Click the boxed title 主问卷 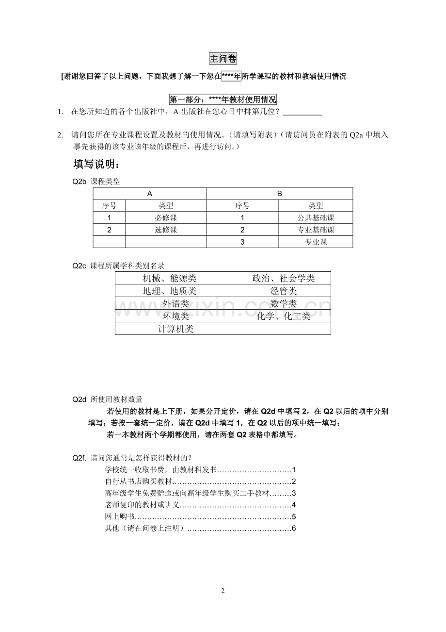[223, 59]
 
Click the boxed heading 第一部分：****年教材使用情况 [223, 100]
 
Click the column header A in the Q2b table [150, 193]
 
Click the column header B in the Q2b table [279, 193]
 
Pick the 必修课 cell [166, 218]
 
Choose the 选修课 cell [166, 230]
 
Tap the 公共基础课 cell [316, 218]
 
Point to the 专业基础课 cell [316, 230]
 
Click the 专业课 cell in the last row [316, 242]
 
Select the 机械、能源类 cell [170, 278]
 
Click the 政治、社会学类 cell [284, 278]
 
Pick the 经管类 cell [284, 291]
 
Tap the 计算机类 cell [176, 329]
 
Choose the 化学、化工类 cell [284, 316]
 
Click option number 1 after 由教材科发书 [294, 470]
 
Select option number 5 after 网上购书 [294, 516]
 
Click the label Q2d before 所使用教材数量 [79, 399]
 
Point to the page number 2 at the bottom [223, 591]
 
